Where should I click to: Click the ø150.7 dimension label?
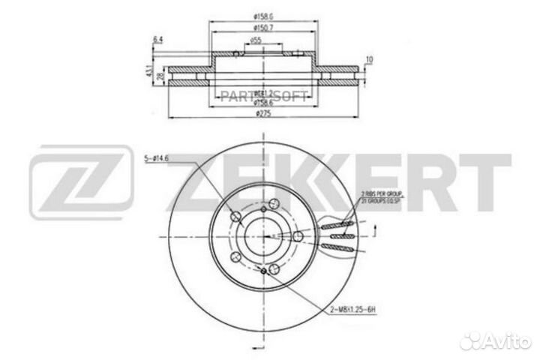(259, 28)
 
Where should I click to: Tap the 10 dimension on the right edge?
(369, 58)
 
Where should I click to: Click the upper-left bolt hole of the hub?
(237, 217)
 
